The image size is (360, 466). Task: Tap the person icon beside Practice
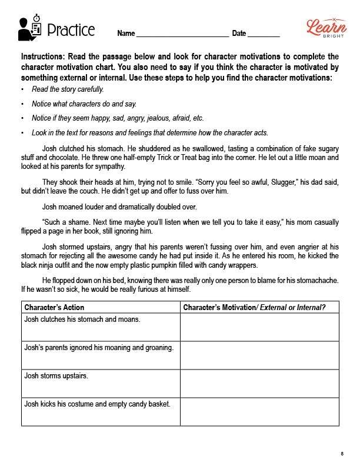[29, 29]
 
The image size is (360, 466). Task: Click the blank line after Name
[182, 34]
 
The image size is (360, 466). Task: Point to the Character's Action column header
[54, 307]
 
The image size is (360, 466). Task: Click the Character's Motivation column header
[254, 307]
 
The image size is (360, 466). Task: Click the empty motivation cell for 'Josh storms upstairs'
[259, 383]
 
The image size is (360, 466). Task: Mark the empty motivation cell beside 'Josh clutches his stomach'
[259, 327]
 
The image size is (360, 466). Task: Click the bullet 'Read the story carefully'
[68, 89]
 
